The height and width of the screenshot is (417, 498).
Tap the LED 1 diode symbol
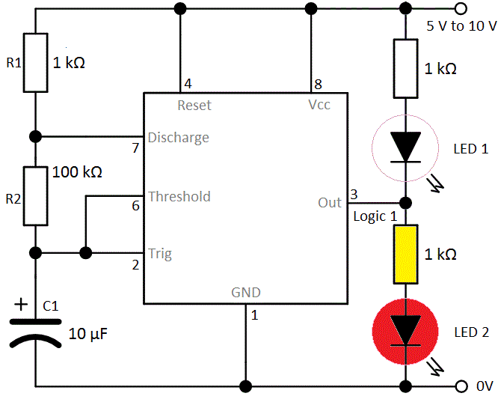click(406, 147)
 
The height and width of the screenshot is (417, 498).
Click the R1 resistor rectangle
click(34, 62)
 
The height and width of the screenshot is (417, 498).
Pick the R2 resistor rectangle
click(34, 196)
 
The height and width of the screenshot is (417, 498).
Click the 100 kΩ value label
click(77, 172)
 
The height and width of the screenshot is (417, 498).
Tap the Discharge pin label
click(178, 138)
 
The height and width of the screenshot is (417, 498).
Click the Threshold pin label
click(179, 197)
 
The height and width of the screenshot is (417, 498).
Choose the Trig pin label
click(159, 254)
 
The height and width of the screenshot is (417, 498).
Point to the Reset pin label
click(194, 106)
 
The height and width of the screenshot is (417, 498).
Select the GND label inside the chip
click(246, 293)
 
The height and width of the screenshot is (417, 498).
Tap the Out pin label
click(330, 203)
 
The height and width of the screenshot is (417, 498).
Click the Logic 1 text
click(375, 216)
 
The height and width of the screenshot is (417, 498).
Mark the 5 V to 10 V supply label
click(461, 25)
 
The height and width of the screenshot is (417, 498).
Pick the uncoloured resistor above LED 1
click(406, 69)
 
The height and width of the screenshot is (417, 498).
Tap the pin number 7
click(135, 148)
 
